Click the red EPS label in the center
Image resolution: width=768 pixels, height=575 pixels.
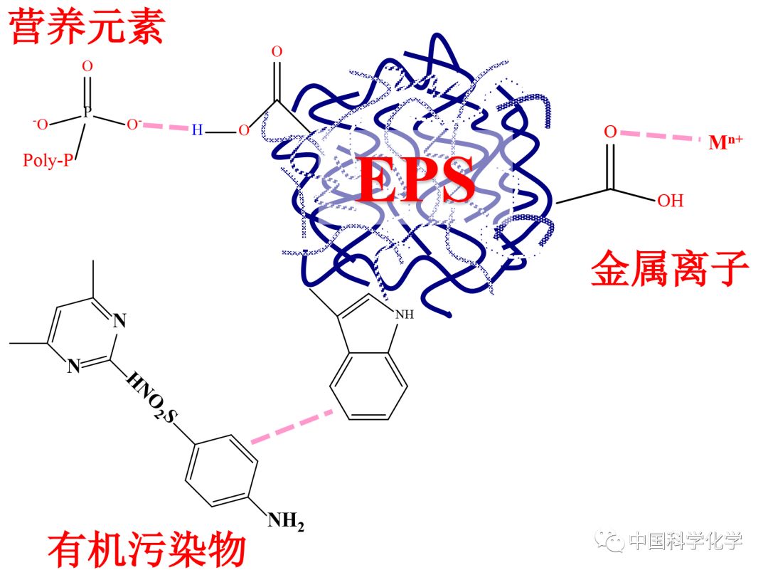(417, 180)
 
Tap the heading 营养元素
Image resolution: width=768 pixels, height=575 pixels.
(87, 26)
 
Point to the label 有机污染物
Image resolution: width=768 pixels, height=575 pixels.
(146, 550)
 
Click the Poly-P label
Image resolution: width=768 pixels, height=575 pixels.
(48, 160)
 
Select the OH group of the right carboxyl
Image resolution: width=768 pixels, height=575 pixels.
(669, 201)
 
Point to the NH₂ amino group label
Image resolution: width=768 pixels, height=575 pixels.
(286, 524)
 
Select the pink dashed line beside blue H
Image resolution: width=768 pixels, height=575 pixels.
(164, 127)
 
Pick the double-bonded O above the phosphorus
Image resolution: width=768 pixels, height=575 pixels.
(87, 66)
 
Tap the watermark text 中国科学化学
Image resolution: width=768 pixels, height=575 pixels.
(686, 542)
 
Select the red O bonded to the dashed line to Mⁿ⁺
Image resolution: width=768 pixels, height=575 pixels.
(609, 132)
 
